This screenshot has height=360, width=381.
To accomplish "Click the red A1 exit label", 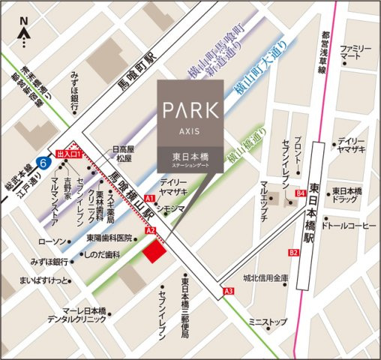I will tap(150, 199).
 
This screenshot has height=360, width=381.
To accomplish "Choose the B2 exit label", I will tap(293, 253).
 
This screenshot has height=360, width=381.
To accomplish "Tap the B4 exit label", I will tap(301, 194).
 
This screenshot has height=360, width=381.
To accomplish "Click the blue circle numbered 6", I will tap(44, 162).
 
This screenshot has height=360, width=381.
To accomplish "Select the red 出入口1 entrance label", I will tap(68, 151).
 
